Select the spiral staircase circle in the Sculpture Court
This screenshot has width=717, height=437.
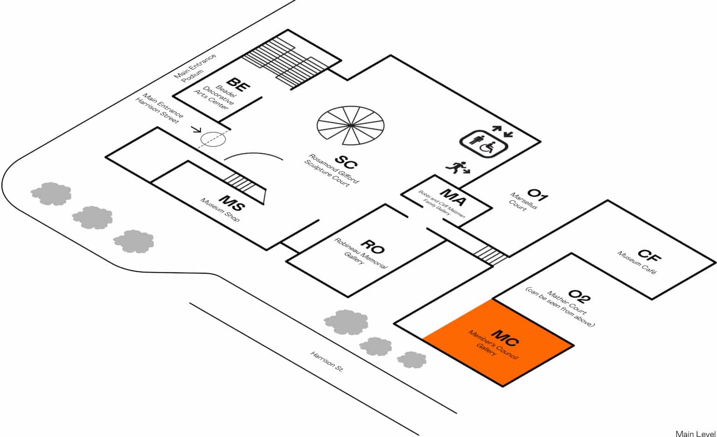tap(351, 125)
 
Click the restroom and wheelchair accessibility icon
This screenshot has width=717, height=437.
tap(483, 143)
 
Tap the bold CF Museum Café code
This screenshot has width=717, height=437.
tap(649, 255)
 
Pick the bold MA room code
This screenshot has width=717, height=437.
tap(452, 197)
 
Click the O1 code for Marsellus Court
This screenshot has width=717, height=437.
tap(537, 193)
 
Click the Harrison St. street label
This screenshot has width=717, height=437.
tap(327, 361)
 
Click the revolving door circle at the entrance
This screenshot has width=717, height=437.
tap(213, 138)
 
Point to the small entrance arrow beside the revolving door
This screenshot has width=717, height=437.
tap(196, 130)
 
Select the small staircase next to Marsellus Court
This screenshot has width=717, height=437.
tap(490, 255)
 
